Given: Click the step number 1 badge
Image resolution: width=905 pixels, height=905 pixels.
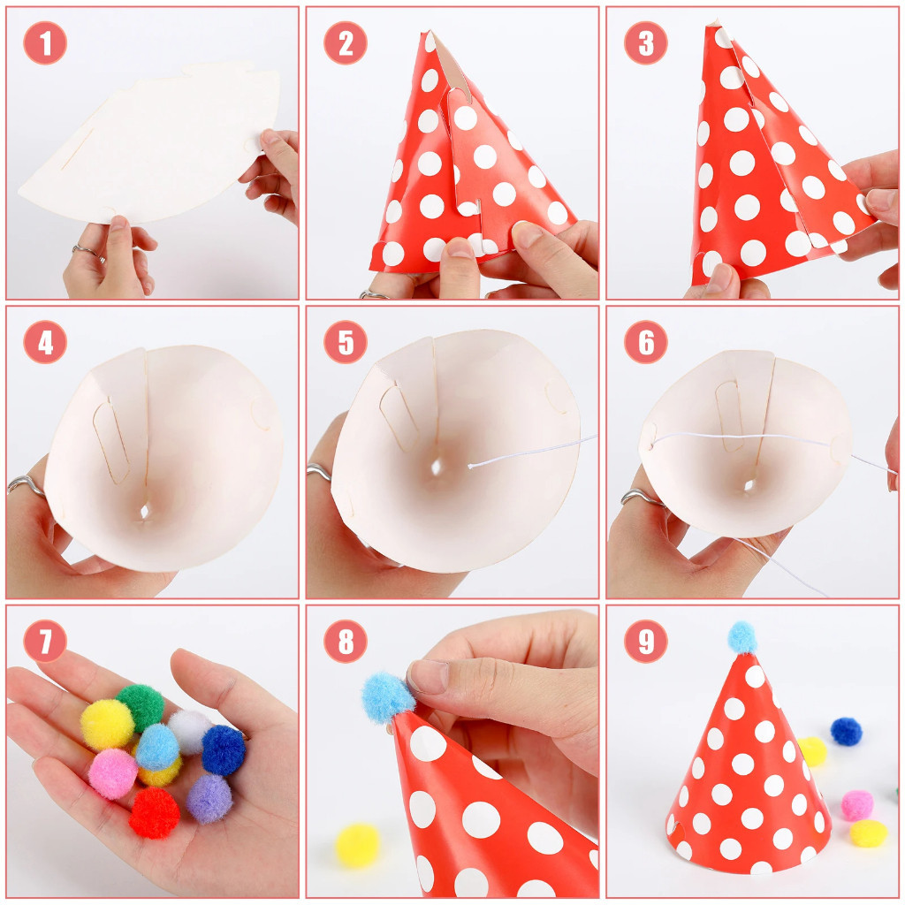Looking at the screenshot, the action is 45,42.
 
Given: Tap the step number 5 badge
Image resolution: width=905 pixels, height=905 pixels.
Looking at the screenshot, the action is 346,342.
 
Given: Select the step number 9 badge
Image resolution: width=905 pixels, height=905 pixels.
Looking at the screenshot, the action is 646,642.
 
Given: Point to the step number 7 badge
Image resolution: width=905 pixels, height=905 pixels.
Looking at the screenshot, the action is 45,642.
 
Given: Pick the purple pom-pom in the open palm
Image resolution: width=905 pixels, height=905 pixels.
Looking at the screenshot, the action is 209,799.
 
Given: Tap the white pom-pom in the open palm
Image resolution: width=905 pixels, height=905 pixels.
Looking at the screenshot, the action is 189,731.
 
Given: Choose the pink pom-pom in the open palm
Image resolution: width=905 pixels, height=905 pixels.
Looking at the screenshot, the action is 113,773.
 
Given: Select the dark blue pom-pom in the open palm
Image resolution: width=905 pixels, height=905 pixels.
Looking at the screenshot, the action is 224,749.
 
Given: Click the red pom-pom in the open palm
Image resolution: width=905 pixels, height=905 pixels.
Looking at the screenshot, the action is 154,813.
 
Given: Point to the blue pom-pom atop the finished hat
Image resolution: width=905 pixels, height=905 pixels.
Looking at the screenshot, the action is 742,637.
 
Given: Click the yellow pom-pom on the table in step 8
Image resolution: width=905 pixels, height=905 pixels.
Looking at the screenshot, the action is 358,846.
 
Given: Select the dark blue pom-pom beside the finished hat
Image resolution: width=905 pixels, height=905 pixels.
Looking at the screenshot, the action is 846,731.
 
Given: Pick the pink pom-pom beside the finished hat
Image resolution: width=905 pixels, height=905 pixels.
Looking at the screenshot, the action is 856,805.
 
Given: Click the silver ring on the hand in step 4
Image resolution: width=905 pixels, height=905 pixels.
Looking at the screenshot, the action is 26,485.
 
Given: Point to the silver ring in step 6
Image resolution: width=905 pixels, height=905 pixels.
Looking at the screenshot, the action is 640,497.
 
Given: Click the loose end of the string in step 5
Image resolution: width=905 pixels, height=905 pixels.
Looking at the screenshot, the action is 470,466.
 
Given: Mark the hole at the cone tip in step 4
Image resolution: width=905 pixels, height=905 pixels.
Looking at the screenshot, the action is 145,511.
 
